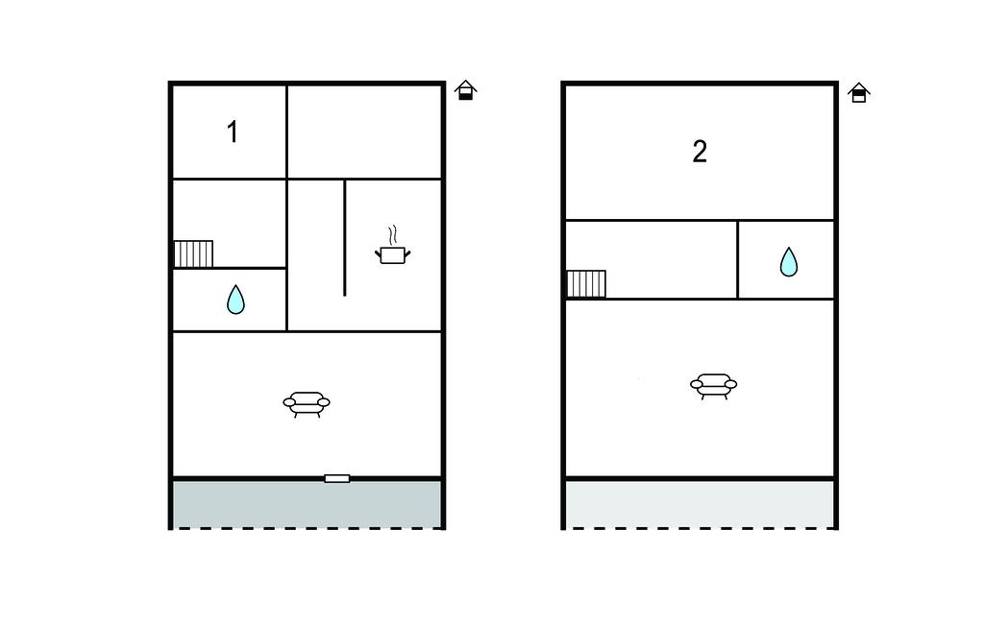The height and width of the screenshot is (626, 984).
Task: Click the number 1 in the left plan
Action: coord(232,132)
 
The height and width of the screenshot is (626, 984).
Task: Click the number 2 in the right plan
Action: coord(700,152)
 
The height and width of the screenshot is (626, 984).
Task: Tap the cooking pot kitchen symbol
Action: coord(391,254)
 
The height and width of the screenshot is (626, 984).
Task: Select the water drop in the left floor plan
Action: coord(235,301)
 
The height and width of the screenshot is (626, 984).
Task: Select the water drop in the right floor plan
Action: coord(788,261)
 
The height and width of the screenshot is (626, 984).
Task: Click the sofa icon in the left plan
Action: coord(307,402)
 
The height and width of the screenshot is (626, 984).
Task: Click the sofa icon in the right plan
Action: coord(713,385)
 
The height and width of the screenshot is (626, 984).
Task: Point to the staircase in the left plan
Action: coord(193,253)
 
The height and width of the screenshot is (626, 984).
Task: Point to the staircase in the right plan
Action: coord(585,284)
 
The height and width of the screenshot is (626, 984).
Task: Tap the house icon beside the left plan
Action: coord(466,91)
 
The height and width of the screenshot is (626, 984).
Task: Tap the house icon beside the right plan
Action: coord(859,92)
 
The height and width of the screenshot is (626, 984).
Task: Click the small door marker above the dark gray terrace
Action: coord(336,477)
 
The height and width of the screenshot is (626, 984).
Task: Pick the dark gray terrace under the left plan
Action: coord(307,503)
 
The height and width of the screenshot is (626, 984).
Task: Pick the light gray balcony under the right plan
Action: coord(700,503)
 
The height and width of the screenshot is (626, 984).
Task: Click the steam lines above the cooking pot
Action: coord(391,235)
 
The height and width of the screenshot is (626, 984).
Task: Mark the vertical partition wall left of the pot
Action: coord(344,237)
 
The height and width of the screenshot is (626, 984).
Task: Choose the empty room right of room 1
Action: coord(364,132)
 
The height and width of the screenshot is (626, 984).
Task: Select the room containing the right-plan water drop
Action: coord(786,259)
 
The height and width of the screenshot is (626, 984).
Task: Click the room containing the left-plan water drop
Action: coord(230,300)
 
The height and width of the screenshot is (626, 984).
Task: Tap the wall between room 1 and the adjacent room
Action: coord(286,132)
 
